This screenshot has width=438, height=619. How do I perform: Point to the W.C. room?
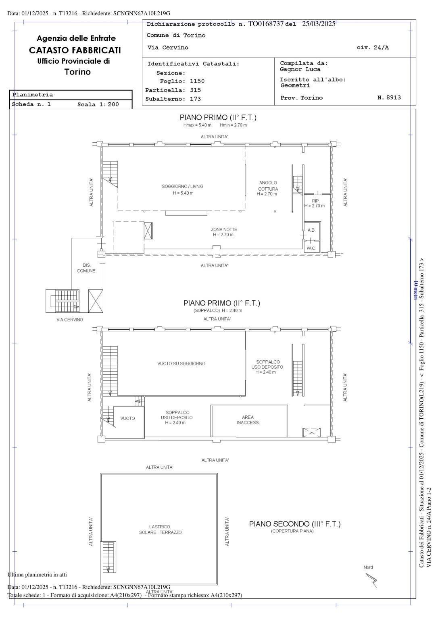click(x=311, y=248)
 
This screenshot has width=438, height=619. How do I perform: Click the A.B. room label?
click(x=311, y=230)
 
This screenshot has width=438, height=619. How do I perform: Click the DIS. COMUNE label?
click(x=86, y=268)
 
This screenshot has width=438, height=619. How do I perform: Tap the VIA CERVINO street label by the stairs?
click(x=70, y=320)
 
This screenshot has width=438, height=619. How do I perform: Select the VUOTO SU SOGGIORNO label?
click(x=181, y=364)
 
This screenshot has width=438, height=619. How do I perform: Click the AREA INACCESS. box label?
click(x=248, y=420)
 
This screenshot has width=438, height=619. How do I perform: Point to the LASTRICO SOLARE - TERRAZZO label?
click(x=160, y=530)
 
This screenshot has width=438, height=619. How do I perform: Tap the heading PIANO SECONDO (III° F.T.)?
click(x=294, y=524)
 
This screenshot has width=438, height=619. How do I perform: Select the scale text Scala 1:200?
click(x=98, y=104)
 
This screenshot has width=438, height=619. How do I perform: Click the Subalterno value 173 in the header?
click(x=195, y=99)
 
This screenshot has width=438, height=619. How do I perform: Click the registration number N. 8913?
click(x=389, y=98)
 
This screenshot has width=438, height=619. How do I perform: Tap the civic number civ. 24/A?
click(x=373, y=48)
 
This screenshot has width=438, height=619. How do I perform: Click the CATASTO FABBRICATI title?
click(x=75, y=50)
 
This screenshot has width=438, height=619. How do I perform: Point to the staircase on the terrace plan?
click(x=108, y=557)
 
